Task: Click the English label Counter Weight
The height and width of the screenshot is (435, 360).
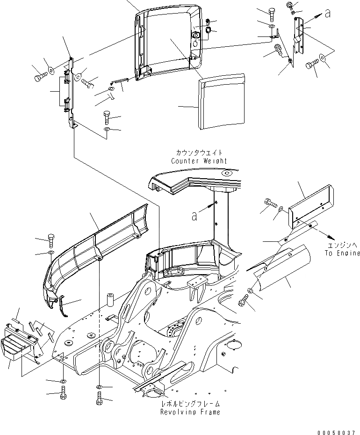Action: tap(199, 161)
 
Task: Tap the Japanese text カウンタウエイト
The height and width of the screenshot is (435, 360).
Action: tap(199, 153)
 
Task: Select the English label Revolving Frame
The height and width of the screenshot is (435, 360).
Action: tap(190, 412)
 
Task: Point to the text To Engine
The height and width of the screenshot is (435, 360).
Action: tap(343, 254)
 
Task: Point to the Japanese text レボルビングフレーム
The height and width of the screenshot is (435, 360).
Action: tap(190, 404)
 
